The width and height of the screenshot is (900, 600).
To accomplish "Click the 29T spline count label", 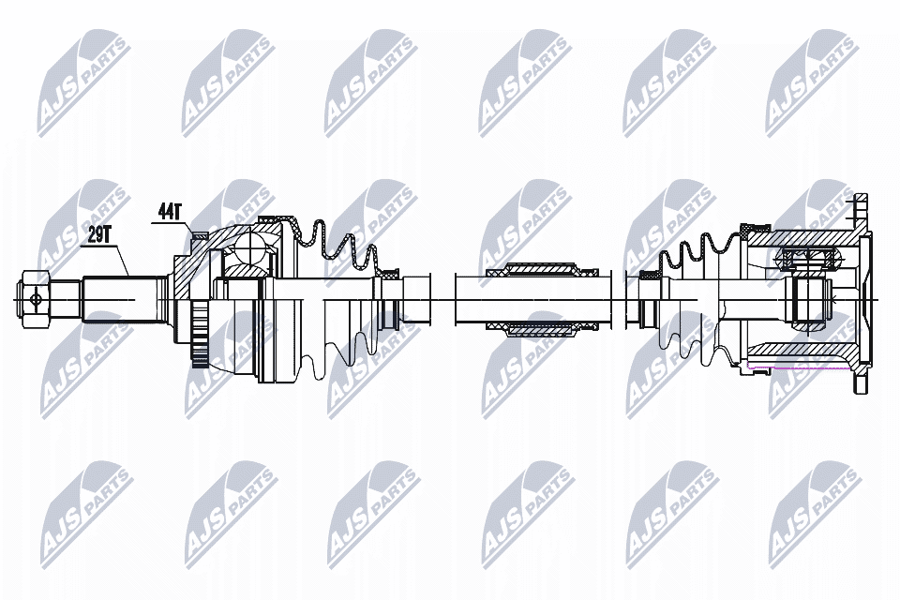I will click(98, 234).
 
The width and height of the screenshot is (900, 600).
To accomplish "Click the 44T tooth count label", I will click(168, 212).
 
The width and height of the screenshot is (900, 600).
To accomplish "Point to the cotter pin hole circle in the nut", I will click(36, 300).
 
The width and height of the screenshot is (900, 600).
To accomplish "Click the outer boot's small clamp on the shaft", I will click(387, 277).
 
